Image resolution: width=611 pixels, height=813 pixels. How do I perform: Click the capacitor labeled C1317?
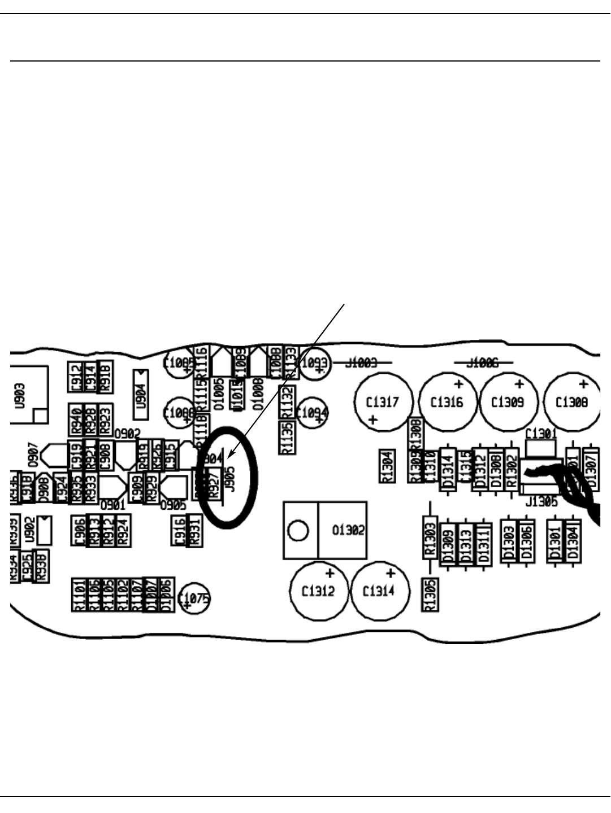[x=382, y=402]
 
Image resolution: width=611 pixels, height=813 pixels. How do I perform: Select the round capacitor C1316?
[x=447, y=402]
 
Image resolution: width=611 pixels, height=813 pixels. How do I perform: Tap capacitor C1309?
[x=508, y=402]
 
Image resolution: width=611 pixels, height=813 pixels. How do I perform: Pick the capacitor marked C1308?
[x=571, y=402]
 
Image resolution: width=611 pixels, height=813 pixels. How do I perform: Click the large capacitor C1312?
[x=318, y=591]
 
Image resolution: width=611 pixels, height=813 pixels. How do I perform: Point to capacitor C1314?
[x=379, y=591]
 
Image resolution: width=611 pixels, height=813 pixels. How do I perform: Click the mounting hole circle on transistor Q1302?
[x=298, y=531]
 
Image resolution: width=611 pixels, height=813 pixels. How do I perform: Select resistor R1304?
[x=387, y=466]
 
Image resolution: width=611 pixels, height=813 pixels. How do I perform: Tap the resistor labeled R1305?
[x=430, y=595]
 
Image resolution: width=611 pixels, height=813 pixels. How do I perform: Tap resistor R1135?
[x=287, y=437]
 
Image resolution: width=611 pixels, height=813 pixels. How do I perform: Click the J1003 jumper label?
[x=361, y=362]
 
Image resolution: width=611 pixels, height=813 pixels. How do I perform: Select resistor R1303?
[x=430, y=537]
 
